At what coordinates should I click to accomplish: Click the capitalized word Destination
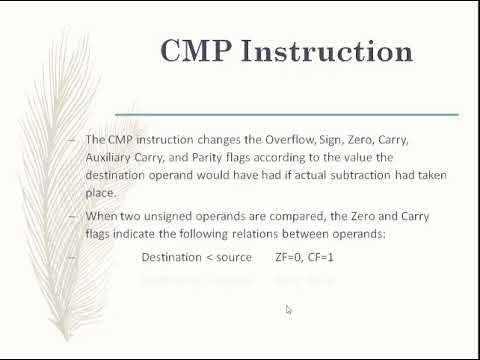[171, 257]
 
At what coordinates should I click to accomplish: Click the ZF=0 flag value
[291, 257]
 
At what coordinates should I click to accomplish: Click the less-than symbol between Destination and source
[208, 257]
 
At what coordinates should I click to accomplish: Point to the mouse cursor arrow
[288, 309]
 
